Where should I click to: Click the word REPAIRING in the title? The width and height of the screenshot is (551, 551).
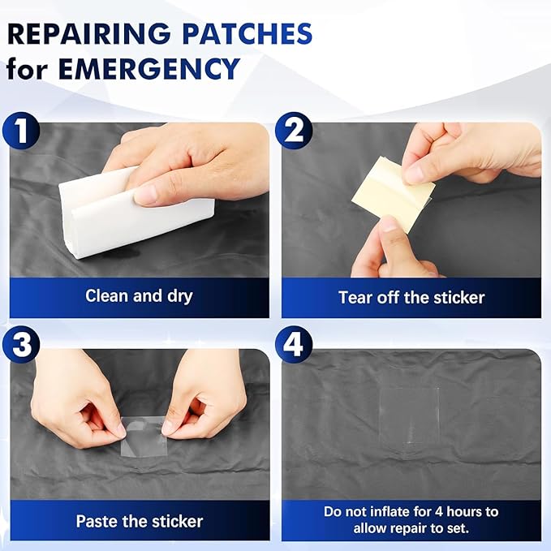[89, 34]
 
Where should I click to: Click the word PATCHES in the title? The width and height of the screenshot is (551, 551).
[247, 34]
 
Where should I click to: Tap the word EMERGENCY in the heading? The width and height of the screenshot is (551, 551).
[149, 68]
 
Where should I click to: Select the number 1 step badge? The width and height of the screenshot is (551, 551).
[21, 131]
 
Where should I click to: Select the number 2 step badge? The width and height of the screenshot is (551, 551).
[294, 131]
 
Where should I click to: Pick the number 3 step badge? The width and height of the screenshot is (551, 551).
[21, 344]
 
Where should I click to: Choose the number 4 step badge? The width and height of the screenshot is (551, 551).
[294, 344]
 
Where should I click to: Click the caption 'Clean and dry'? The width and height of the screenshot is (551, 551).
[139, 296]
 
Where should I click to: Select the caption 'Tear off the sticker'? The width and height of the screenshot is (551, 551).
[411, 297]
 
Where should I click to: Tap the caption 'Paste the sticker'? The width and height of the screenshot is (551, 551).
[140, 521]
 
